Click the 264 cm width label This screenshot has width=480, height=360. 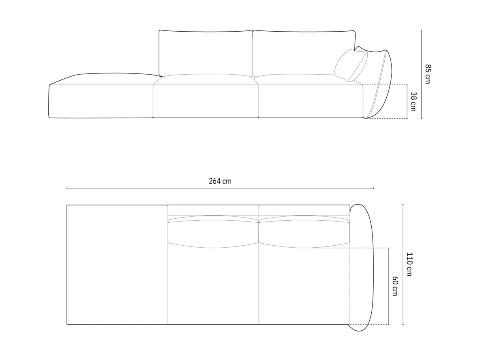[x=220, y=182]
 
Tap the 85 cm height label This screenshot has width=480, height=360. [x=428, y=74]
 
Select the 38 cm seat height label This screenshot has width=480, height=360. [x=413, y=101]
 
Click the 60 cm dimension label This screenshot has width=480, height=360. [x=395, y=286]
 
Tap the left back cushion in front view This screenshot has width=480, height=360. [x=205, y=52]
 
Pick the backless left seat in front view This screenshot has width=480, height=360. [x=101, y=97]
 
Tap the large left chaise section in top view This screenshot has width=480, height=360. [x=117, y=264]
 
